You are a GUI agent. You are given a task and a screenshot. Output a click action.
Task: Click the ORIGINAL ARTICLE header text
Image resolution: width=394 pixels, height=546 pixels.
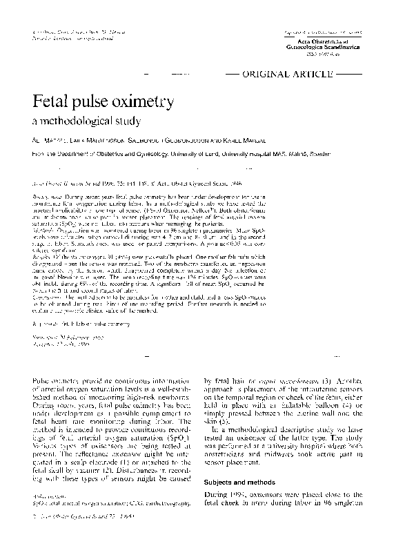290,72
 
